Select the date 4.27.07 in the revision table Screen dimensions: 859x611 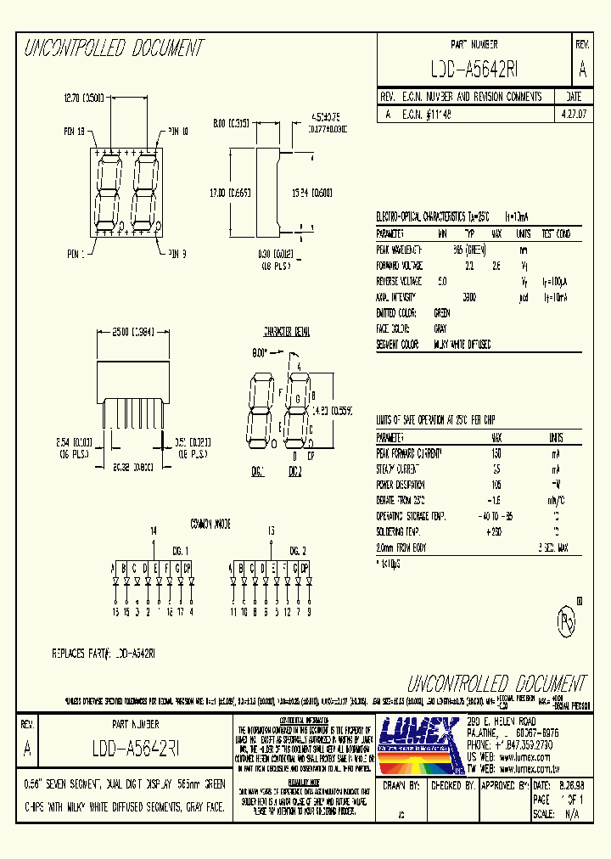573,112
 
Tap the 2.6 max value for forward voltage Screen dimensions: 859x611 496,265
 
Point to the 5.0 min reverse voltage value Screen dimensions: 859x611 441,281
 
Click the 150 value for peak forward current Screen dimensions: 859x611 496,454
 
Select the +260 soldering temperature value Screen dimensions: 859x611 496,531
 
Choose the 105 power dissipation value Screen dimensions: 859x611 496,485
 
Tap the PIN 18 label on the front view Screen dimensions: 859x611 75,131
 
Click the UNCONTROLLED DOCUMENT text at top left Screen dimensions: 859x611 113,48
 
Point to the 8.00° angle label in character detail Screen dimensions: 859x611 260,351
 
